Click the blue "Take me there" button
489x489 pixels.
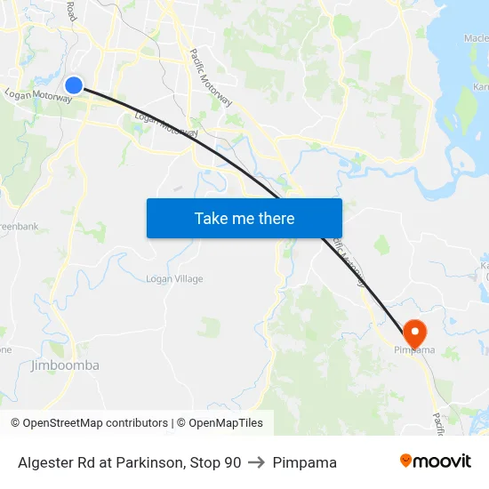pyautogui.click(x=244, y=218)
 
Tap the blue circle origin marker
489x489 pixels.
pyautogui.click(x=74, y=85)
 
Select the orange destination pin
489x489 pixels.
pyautogui.click(x=414, y=333)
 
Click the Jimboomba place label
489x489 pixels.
pyautogui.click(x=65, y=365)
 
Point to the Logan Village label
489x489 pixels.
pyautogui.click(x=174, y=279)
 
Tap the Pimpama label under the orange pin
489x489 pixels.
pyautogui.click(x=414, y=351)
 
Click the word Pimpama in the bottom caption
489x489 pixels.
pyautogui.click(x=304, y=462)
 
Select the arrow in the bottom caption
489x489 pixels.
pyautogui.click(x=257, y=462)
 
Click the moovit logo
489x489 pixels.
pyautogui.click(x=436, y=461)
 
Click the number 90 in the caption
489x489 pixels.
pyautogui.click(x=231, y=462)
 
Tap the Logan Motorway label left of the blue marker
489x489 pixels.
pyautogui.click(x=37, y=96)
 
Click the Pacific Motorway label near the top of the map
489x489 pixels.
pyautogui.click(x=211, y=77)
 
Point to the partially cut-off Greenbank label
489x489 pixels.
pyautogui.click(x=20, y=227)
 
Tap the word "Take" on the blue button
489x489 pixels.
pyautogui.click(x=211, y=218)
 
